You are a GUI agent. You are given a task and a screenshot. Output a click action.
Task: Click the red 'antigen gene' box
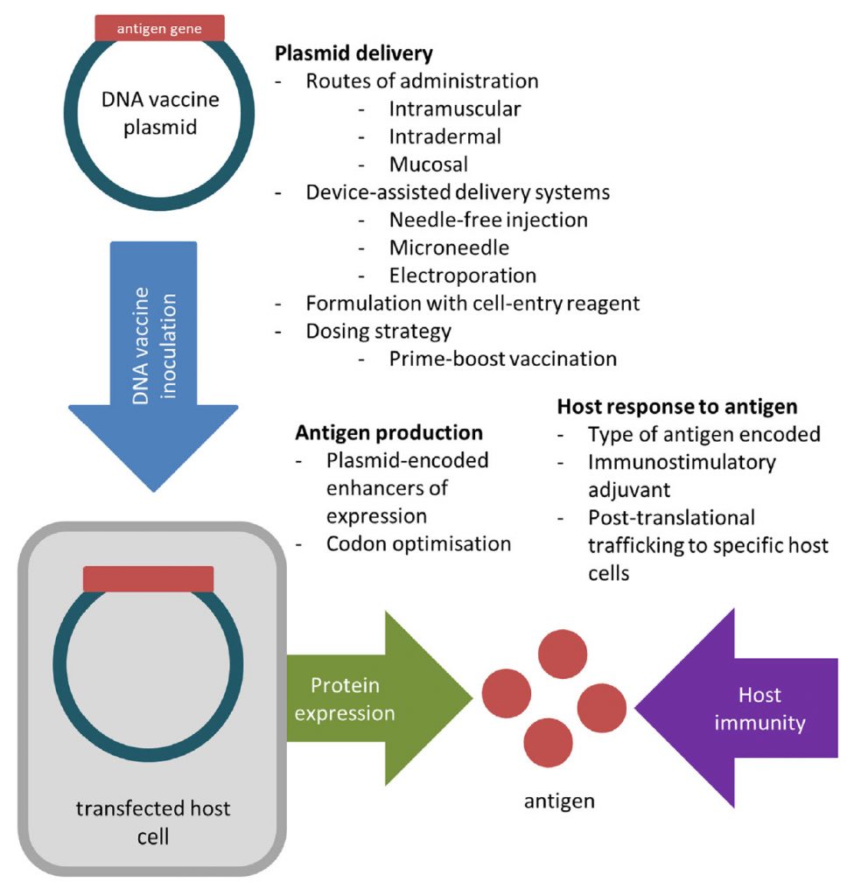(159, 28)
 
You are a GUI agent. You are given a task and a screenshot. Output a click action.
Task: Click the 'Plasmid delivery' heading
(354, 54)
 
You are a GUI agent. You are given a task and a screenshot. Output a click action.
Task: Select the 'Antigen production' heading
(388, 433)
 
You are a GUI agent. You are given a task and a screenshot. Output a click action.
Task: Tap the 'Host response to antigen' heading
(677, 407)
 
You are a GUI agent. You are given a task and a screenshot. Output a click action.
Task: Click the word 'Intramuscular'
(455, 109)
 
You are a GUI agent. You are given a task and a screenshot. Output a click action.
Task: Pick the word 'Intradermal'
(445, 136)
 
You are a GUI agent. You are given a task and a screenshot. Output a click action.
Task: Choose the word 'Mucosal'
(429, 164)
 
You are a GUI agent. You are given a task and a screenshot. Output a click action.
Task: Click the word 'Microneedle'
(450, 248)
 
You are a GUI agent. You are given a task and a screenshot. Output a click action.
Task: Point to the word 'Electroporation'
(463, 276)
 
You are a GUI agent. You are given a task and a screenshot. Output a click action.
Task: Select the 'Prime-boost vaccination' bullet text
(503, 359)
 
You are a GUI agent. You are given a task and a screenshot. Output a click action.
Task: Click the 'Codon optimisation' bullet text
(418, 543)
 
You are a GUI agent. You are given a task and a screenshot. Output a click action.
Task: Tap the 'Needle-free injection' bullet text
(488, 220)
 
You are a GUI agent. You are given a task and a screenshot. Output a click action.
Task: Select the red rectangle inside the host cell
(149, 578)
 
